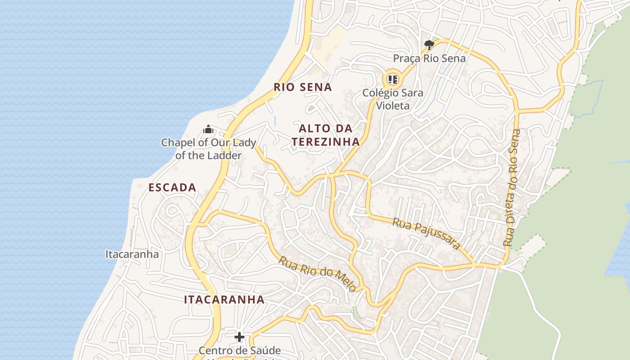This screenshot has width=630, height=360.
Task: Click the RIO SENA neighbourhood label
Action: coord(303,87)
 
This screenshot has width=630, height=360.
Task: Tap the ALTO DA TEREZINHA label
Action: coord(325,135)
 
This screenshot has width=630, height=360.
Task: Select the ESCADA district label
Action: coord(172,188)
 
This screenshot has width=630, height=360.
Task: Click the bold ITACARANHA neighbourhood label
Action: coord(224,300)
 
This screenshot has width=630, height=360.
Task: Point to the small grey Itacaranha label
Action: coord(132,254)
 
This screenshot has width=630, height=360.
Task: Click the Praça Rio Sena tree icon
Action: coord(429,45)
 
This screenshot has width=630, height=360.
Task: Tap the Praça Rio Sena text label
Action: coord(429,58)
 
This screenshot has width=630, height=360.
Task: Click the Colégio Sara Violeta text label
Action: coord(393,99)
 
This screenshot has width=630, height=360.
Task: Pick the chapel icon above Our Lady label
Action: coord(208,130)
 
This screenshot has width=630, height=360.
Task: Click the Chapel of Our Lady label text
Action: coord(208,149)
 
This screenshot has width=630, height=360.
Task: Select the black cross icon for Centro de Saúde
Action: coord(239,337)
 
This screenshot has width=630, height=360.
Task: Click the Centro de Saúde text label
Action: coord(239,351)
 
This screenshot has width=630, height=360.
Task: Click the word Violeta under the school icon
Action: coord(393,106)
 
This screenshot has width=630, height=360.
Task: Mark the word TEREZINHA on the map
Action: coord(325,142)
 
